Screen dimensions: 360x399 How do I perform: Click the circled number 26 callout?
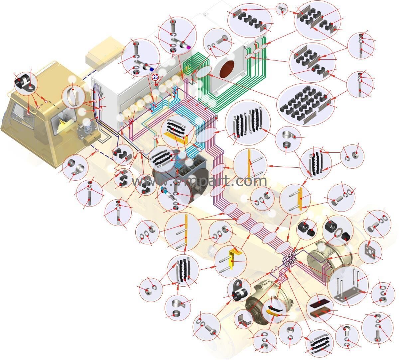pos(155,77)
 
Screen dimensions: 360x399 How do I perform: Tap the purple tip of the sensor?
pos(189,47)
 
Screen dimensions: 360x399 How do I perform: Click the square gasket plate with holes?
pos(370,252)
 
